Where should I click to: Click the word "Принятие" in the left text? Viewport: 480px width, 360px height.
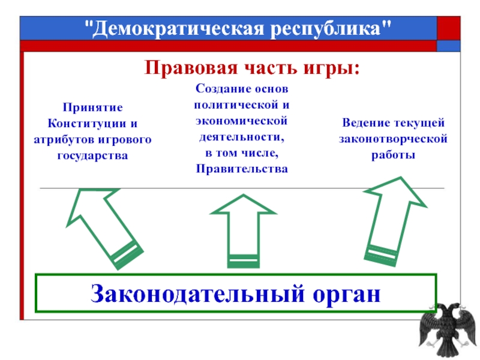point(93,107)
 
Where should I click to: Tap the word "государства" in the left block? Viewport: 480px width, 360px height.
point(93,155)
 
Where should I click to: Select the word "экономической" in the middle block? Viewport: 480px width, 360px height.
point(242,121)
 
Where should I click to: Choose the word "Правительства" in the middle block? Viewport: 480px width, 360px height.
point(242,169)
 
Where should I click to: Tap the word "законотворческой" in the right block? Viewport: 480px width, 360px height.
point(393,139)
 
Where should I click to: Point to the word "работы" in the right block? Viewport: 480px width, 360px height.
point(393,155)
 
